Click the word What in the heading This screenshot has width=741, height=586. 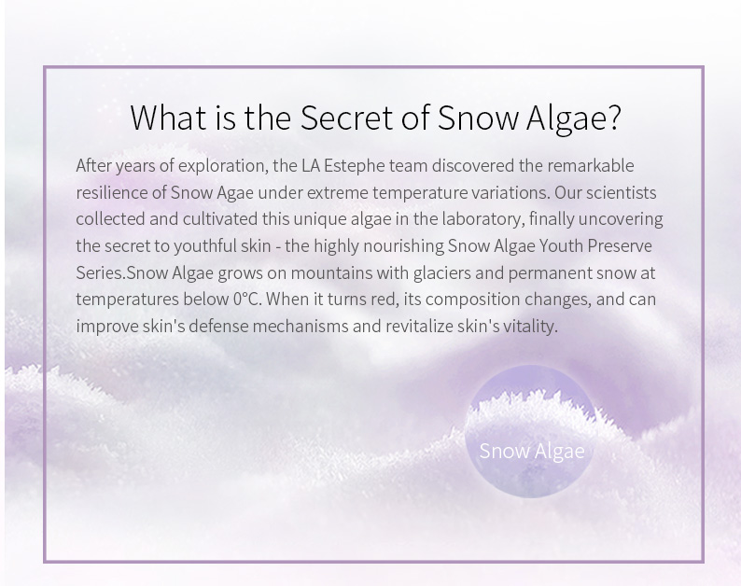coord(168,118)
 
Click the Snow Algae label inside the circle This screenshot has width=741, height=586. coord(532,451)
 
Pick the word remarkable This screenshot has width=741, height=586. coord(591,165)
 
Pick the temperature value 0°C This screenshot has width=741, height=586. coord(247,300)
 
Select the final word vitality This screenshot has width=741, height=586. coord(530,327)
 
